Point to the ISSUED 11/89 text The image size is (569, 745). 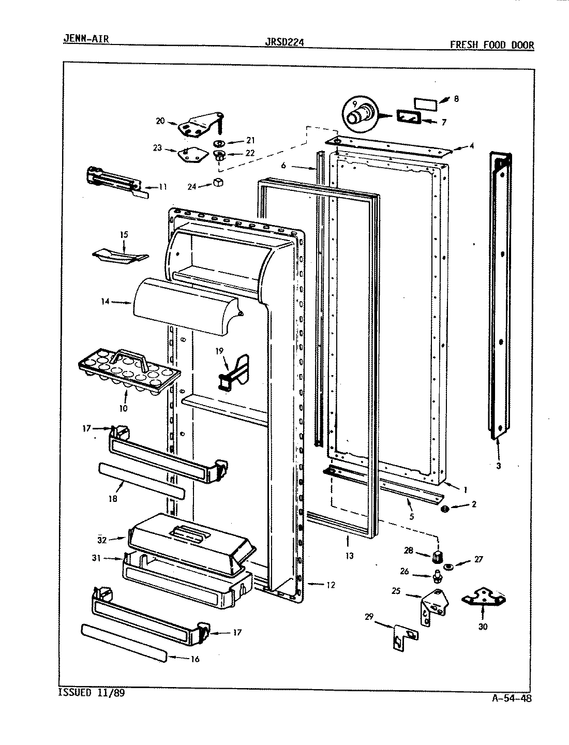tap(91, 692)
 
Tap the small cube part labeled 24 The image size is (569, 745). tap(218, 183)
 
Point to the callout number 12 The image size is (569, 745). tap(331, 585)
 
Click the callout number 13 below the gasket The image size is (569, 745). tap(349, 556)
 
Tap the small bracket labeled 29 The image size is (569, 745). tap(402, 637)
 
